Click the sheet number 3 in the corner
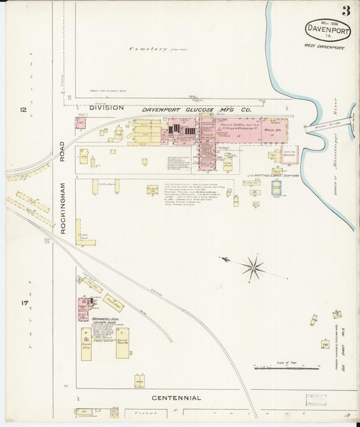(346, 10)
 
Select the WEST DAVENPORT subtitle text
(324, 47)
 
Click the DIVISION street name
(107, 107)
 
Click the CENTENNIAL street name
(177, 398)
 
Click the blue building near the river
(276, 188)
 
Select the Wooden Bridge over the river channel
(317, 126)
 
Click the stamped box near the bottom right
(314, 400)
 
